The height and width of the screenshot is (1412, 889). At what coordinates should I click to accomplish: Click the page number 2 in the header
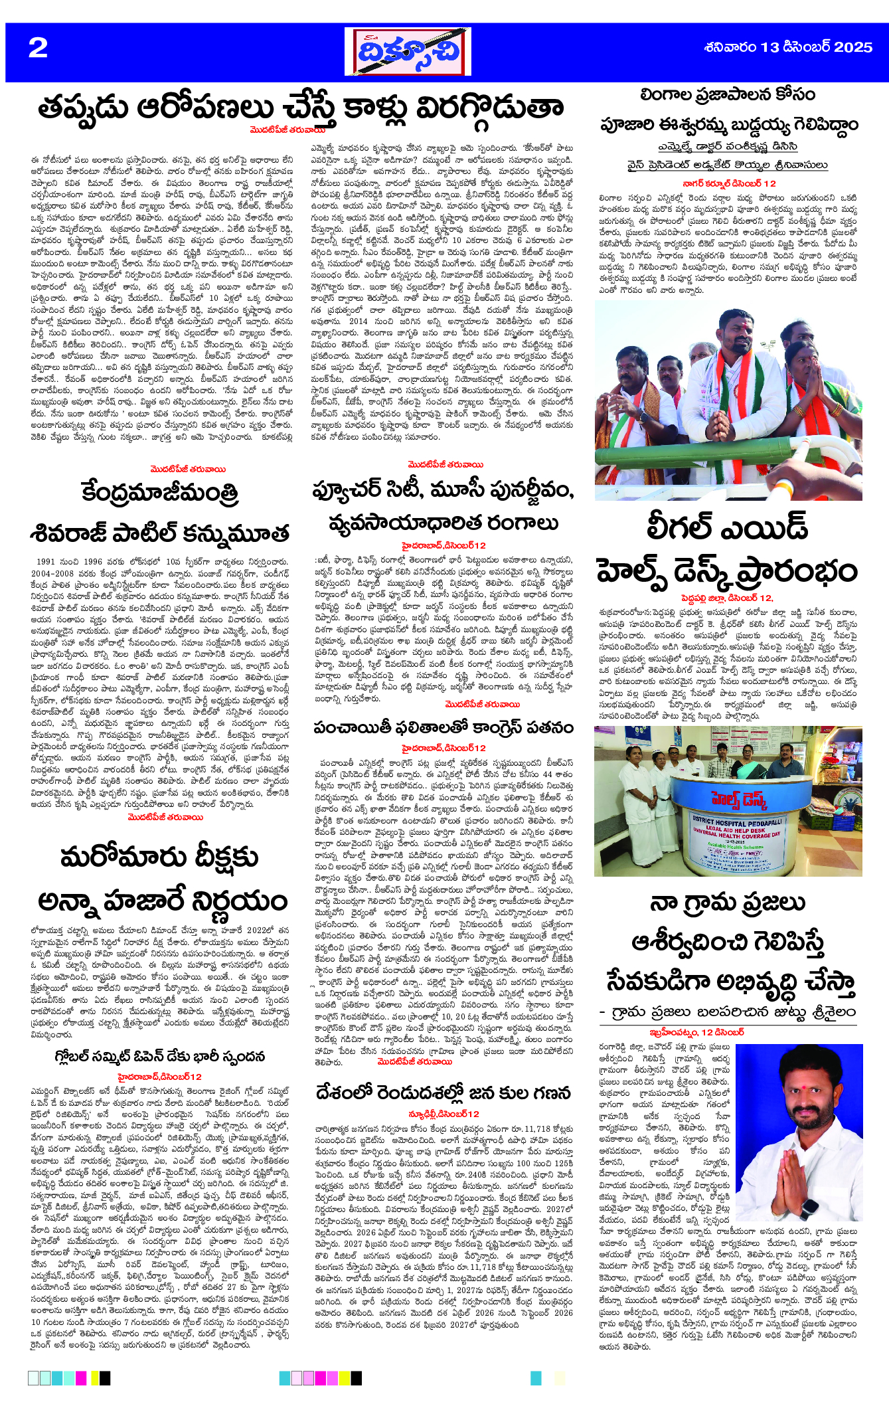click(x=38, y=48)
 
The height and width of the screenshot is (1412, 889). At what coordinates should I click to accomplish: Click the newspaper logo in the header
click(x=407, y=52)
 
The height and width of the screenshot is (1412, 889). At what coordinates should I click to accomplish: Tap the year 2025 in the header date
click(x=852, y=47)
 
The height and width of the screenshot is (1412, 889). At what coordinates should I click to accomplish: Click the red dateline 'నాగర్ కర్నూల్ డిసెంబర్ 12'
click(x=729, y=183)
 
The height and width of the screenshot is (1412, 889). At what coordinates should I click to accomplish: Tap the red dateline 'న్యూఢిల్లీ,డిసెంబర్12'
click(x=443, y=1113)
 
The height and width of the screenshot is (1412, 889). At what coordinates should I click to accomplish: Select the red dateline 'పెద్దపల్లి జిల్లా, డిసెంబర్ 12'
click(x=727, y=598)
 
